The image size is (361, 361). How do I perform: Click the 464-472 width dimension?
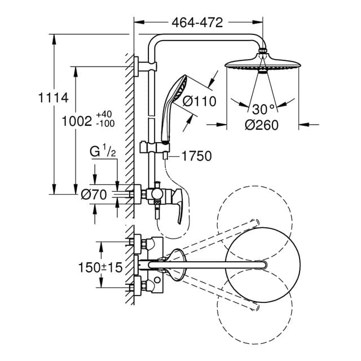[x=197, y=23]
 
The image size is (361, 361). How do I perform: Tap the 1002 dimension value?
[x=77, y=121]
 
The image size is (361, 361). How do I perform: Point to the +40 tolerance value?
[x=104, y=115]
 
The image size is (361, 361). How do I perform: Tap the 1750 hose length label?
[x=196, y=156]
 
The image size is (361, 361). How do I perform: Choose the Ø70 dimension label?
[x=94, y=195]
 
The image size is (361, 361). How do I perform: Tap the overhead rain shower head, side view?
[x=262, y=63]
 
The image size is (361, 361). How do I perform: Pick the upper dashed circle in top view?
[x=255, y=214]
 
